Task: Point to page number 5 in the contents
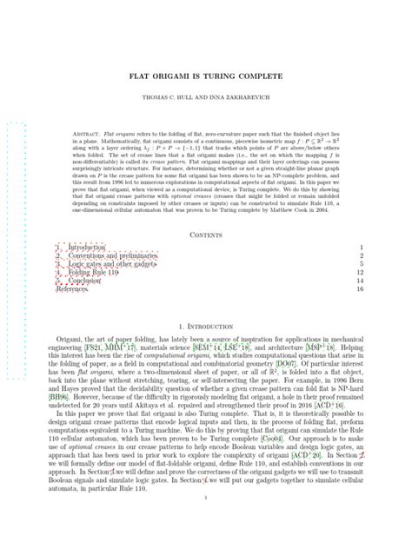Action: click(361, 266)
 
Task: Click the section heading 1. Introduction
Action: click(206, 324)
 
